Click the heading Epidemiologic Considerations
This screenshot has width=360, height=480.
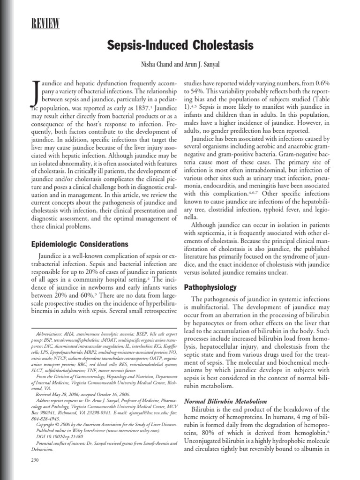point(79,244)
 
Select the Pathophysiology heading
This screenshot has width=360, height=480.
point(210,287)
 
